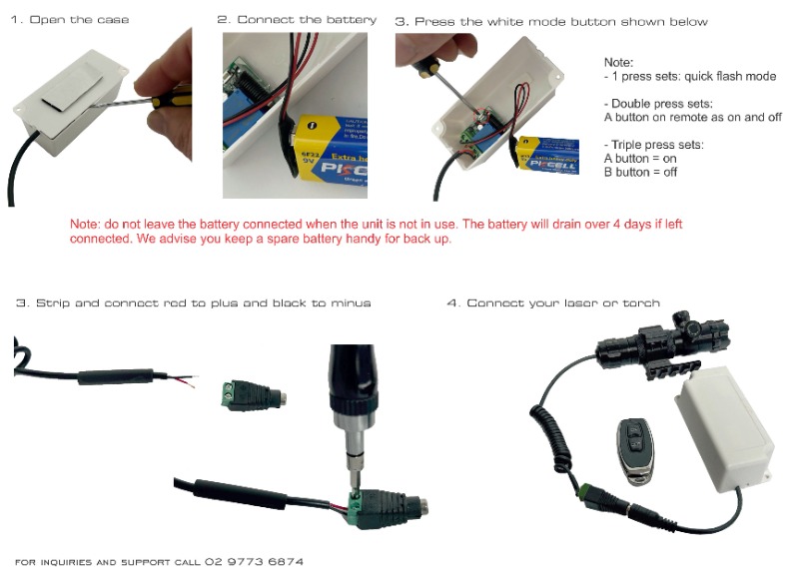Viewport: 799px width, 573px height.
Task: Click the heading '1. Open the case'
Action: (x=70, y=20)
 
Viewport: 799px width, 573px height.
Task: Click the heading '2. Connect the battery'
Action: (x=297, y=20)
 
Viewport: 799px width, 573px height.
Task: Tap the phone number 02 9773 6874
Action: (x=254, y=562)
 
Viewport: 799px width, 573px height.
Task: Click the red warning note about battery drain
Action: (x=377, y=232)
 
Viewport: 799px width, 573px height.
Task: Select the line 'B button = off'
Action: (x=640, y=172)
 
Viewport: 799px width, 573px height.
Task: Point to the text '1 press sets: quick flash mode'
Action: (x=693, y=77)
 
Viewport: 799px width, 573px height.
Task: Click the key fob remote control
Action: (x=635, y=451)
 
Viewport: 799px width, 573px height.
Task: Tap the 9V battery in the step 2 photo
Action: (x=331, y=149)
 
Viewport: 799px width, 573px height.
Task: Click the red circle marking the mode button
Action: (x=480, y=118)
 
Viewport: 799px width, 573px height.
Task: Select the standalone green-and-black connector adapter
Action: (x=254, y=394)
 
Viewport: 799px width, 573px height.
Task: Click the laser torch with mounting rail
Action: (x=661, y=343)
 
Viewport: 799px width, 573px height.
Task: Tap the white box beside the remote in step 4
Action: (x=724, y=429)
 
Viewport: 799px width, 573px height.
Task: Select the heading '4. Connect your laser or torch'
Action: (x=553, y=303)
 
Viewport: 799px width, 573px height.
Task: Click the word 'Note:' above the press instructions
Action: (x=618, y=63)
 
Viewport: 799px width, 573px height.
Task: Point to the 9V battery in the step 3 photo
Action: (x=547, y=156)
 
